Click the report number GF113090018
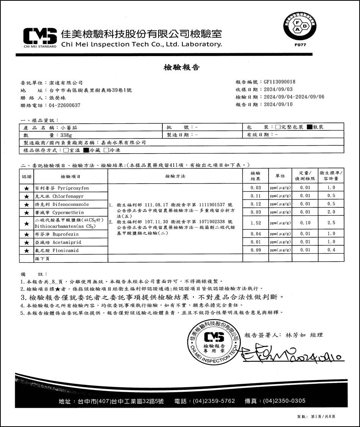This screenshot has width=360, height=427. tap(280, 82)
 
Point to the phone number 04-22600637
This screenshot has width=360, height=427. tap(65, 105)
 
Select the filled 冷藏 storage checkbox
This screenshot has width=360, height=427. tap(86, 150)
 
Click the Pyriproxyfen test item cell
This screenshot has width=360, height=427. tap(71, 188)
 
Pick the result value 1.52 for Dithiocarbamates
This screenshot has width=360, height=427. tap(256, 223)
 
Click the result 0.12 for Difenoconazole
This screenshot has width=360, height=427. tap(256, 204)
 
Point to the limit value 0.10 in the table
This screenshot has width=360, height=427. tap(305, 223)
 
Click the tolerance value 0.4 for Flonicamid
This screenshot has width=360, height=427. tap(331, 250)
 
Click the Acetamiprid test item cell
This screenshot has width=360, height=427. tap(71, 242)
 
